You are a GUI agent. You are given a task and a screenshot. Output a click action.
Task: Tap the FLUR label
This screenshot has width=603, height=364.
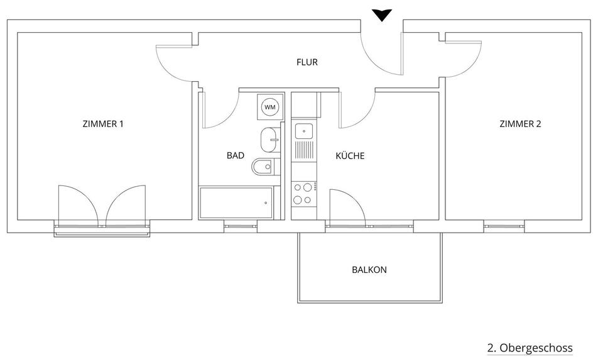coord(307,62)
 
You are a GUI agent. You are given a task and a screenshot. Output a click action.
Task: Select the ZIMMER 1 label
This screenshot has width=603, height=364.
coord(103,124)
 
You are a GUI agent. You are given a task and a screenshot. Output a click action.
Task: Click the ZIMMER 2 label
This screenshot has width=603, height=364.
coord(520,124)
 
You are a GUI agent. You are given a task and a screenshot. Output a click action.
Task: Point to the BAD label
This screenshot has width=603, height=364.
coord(236,155)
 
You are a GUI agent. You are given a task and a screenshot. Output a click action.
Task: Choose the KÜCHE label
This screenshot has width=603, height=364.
coord(350,155)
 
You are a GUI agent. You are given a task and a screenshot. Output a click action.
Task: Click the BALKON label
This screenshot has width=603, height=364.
coord(369,270)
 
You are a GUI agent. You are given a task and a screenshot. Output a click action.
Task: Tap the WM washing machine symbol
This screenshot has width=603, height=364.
coord(270,108)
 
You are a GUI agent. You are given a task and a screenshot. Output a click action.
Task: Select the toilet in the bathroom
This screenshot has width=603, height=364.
coord(263,168)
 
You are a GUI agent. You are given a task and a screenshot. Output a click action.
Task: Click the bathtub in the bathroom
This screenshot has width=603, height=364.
coord(236,202)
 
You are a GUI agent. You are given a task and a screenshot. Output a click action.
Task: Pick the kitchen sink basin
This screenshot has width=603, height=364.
coord(305,131)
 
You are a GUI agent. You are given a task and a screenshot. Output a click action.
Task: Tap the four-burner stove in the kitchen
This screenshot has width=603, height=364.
coord(304,194)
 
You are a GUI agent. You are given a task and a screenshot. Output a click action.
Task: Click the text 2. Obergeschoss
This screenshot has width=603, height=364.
coord(530,348)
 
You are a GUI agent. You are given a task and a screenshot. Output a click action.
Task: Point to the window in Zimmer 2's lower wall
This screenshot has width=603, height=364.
coord(504,226)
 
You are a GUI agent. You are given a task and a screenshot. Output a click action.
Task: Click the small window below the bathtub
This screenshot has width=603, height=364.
coord(240,226)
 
